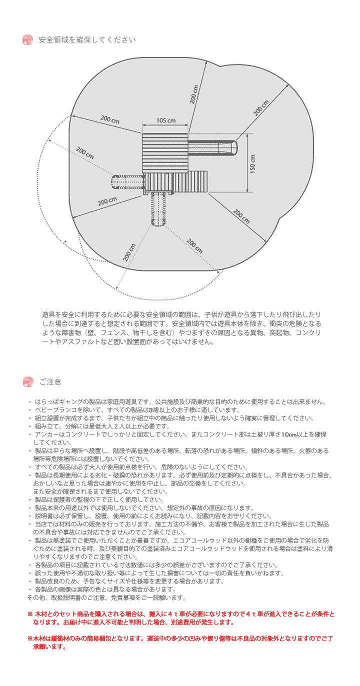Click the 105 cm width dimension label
click(x=165, y=120)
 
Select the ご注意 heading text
click(x=50, y=382)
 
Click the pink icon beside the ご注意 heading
click(x=28, y=382)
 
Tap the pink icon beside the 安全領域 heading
click(x=28, y=40)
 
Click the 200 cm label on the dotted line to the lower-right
click(x=194, y=246)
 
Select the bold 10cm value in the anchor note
click(x=288, y=434)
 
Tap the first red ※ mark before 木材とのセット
click(x=29, y=613)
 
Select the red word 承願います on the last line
click(x=49, y=646)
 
